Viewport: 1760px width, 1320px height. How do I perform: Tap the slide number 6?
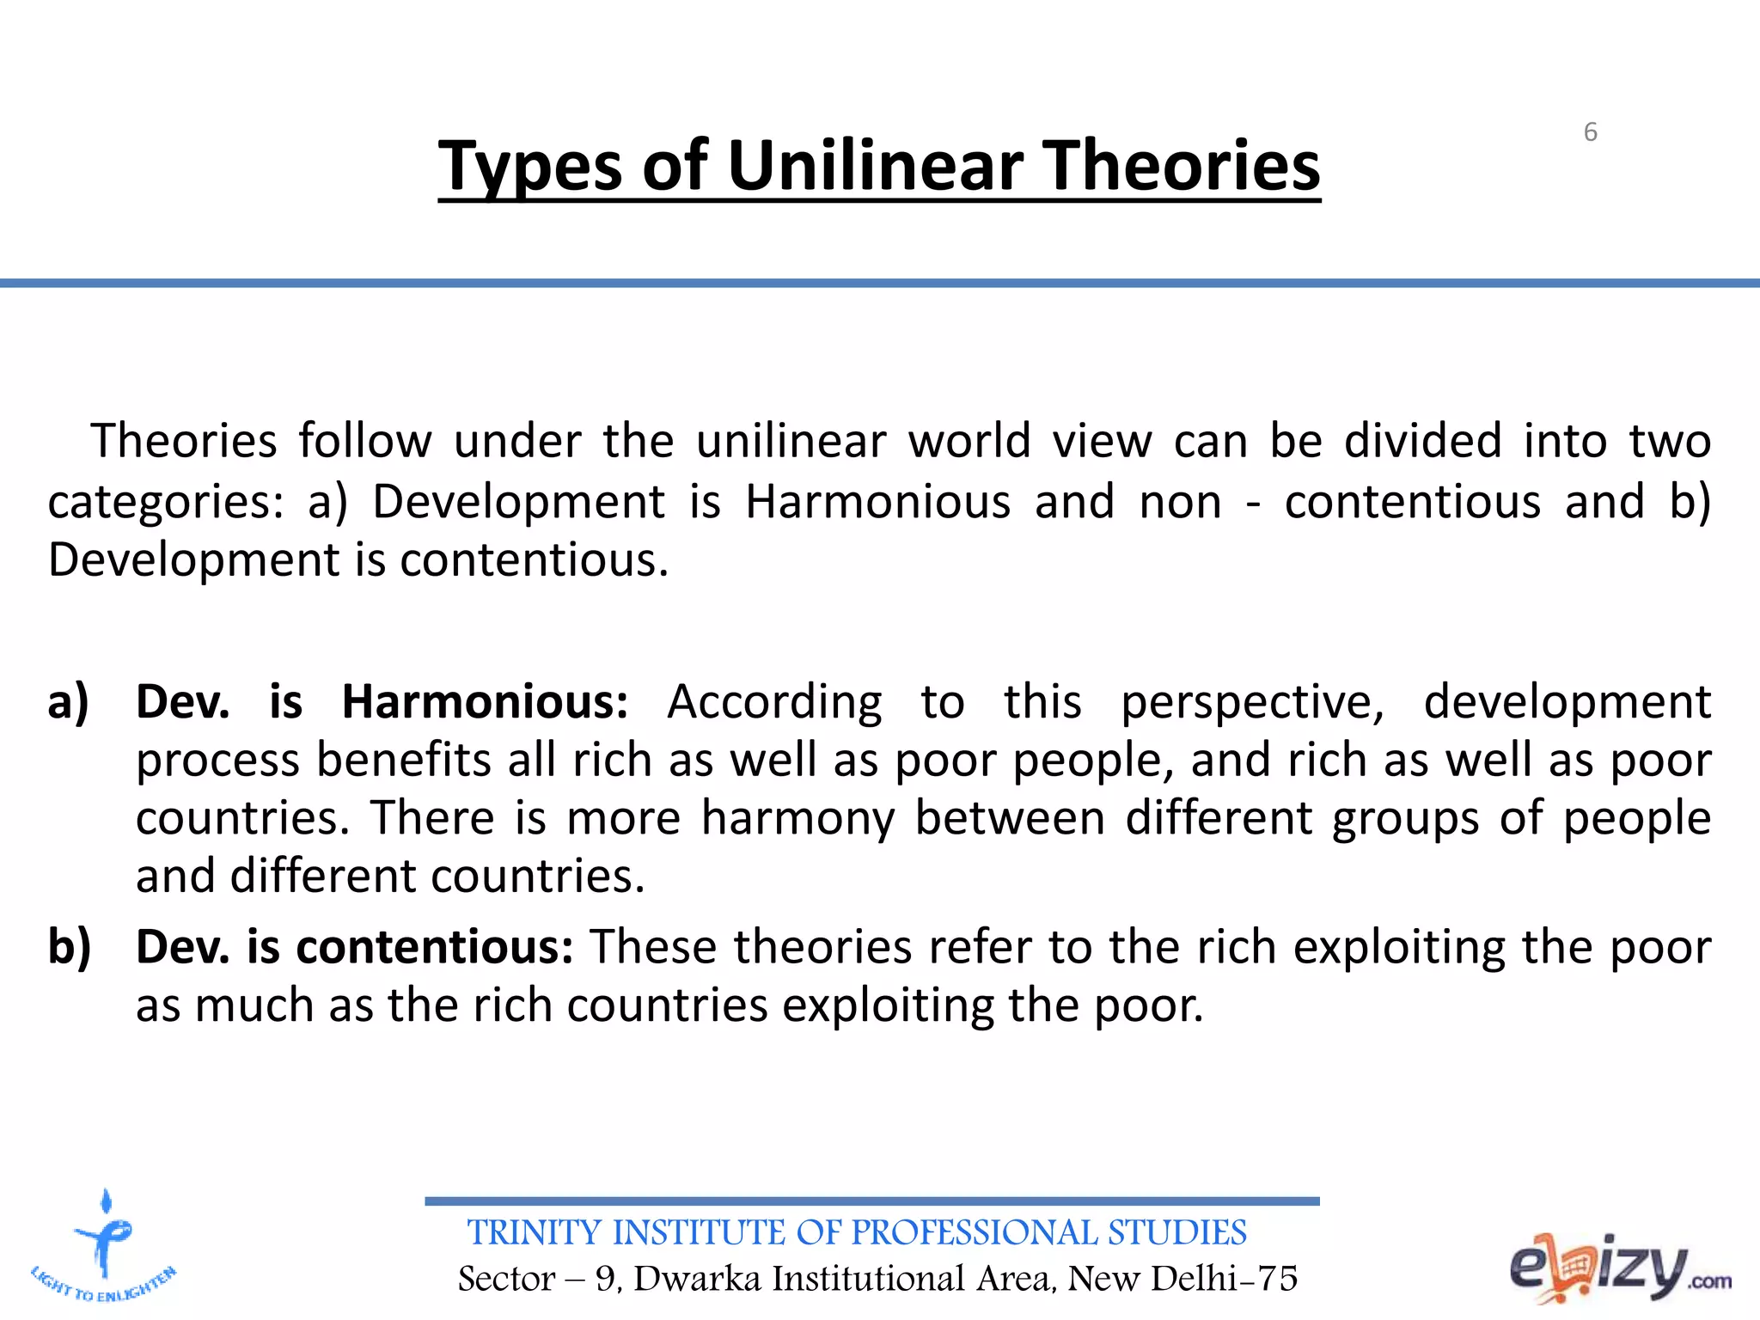1590,132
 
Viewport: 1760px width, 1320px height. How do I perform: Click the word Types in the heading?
529,167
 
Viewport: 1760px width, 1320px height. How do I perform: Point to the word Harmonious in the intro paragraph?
877,501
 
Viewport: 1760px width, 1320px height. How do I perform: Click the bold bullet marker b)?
70,948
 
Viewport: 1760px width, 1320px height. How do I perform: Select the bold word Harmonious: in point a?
486,702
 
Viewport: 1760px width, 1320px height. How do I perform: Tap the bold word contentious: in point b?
435,947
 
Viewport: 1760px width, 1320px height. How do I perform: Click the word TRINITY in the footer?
535,1232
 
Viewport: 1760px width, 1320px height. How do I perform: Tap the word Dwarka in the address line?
698,1279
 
